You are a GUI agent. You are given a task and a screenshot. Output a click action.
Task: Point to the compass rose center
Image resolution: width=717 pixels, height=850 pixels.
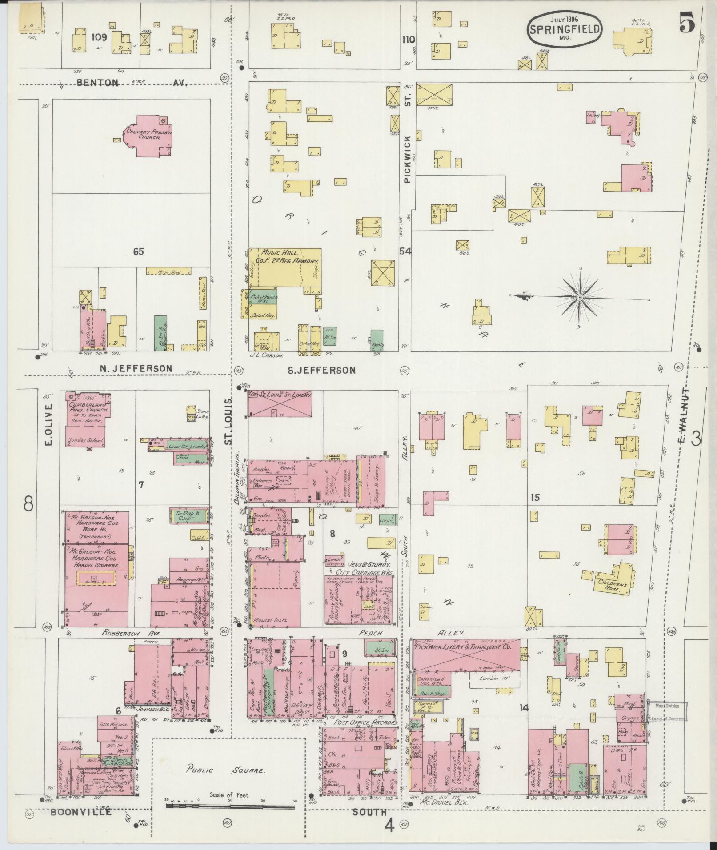(x=580, y=297)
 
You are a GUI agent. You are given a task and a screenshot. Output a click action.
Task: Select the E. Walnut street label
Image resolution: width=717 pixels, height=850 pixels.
(x=685, y=416)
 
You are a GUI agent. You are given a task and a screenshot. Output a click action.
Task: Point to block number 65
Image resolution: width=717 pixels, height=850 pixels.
(x=138, y=251)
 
